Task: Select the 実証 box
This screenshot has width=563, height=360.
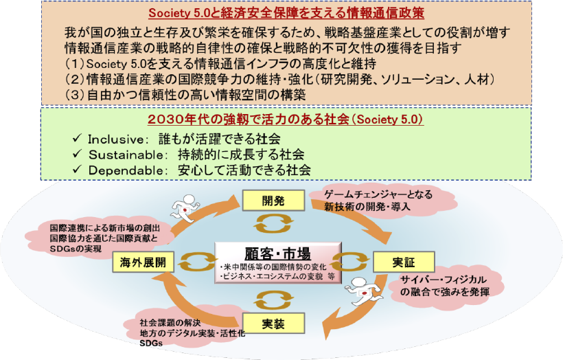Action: coord(394,262)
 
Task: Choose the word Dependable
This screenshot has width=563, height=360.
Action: coord(121,169)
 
